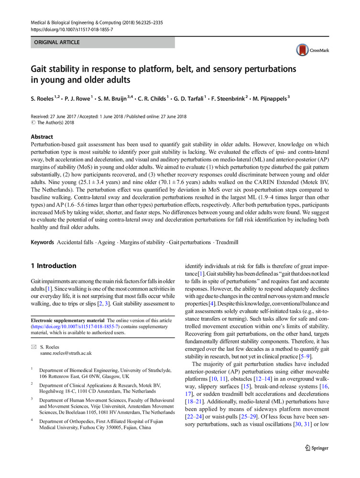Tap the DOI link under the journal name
click(72, 29)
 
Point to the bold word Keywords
click(42, 243)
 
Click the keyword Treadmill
click(229, 243)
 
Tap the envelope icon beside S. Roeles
click(33, 347)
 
